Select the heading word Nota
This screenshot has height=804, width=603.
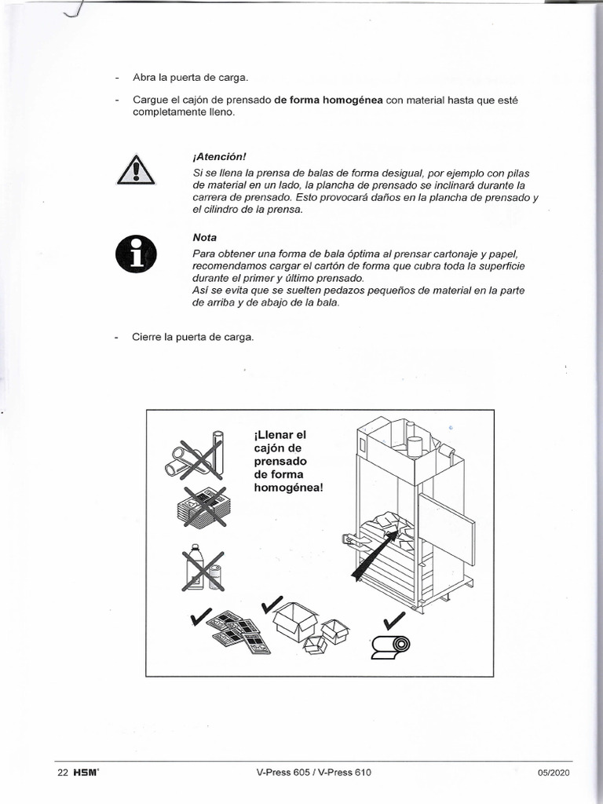204,237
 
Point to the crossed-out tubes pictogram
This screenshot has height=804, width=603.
194,456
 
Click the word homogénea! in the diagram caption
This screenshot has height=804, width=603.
288,488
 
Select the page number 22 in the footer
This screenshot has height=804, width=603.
64,772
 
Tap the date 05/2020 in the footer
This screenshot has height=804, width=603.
554,772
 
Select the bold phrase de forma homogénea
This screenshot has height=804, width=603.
328,100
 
